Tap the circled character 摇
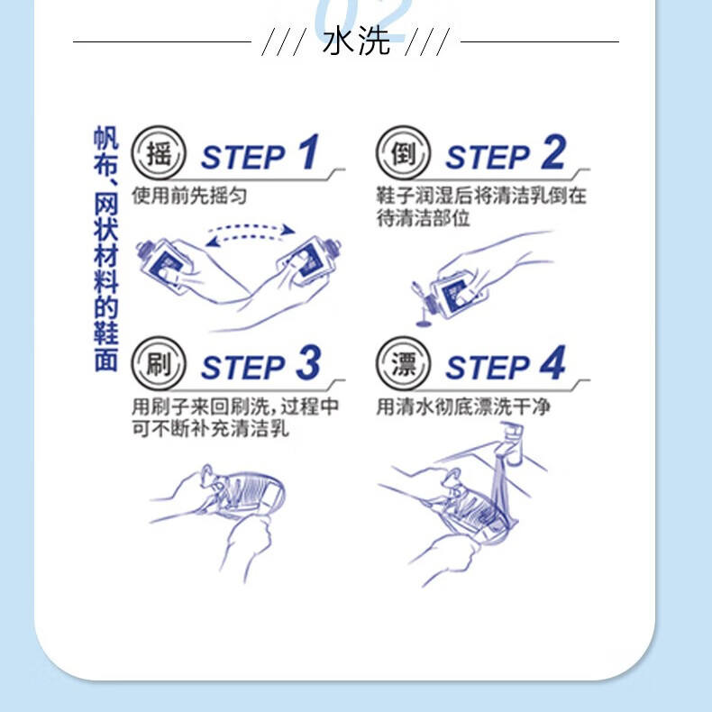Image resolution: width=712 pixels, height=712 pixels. (x=159, y=152)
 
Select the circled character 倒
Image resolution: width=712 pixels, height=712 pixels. (x=403, y=152)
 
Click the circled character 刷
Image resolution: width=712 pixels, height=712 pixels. (x=159, y=363)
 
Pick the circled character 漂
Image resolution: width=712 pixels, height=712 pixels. (x=403, y=363)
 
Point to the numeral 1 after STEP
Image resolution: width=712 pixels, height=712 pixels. (x=309, y=151)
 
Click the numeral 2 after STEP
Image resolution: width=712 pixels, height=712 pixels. (x=553, y=151)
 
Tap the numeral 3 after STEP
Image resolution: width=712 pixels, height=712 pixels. (x=309, y=362)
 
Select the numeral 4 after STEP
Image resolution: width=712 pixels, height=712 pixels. (x=553, y=362)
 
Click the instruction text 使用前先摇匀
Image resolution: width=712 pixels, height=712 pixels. (x=189, y=196)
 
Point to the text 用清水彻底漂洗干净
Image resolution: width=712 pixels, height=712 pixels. (x=463, y=406)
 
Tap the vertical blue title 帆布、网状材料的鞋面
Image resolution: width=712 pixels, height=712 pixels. (x=105, y=249)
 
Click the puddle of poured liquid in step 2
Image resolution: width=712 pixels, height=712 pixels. (x=424, y=323)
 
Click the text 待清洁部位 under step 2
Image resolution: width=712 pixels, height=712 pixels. (x=423, y=218)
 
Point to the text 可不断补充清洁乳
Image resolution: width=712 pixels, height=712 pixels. (x=210, y=428)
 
